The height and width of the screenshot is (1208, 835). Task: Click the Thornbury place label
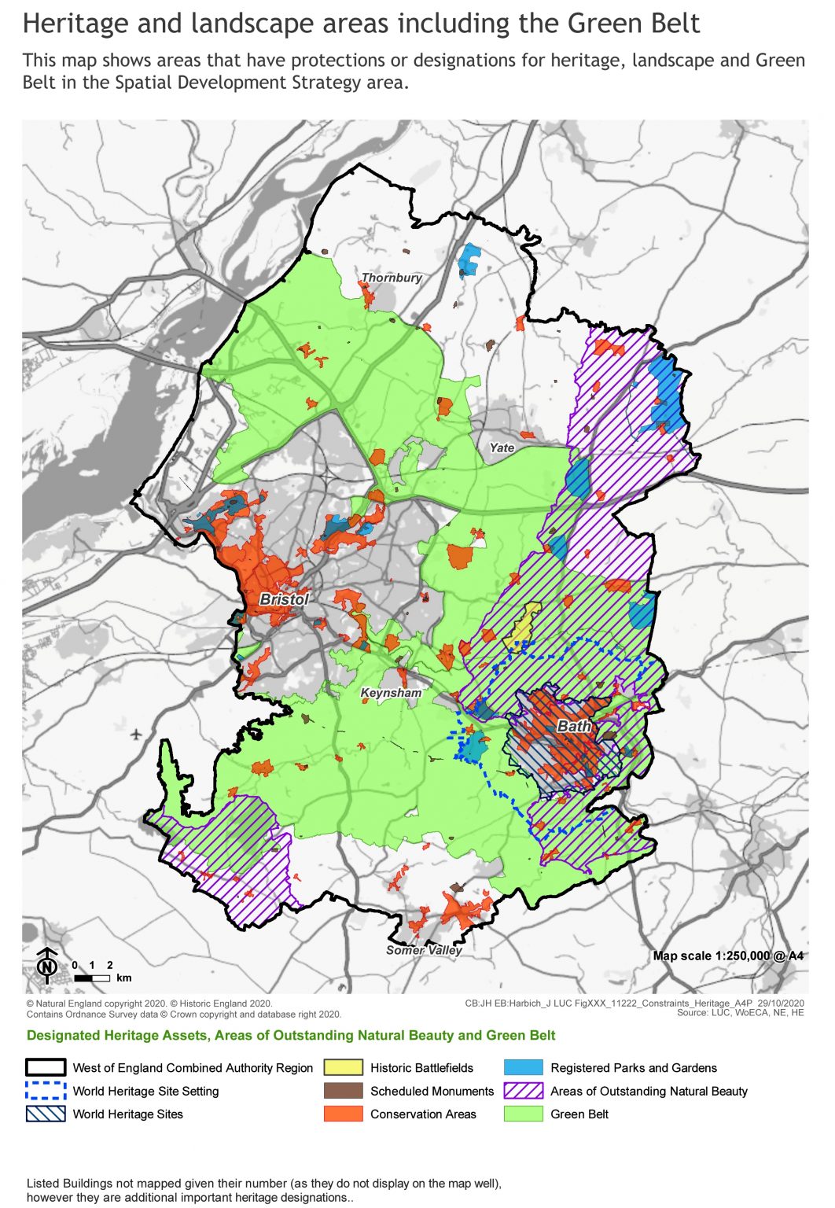point(392,278)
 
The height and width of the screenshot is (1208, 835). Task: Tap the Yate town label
point(502,447)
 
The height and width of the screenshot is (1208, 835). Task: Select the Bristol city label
point(284,599)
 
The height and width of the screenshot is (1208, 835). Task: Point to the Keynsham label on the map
point(391,693)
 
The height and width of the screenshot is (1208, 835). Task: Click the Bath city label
point(574,726)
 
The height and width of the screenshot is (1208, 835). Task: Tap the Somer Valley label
point(424,949)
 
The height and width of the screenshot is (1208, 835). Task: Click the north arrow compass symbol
point(47,966)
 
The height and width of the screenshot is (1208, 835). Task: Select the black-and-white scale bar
point(93,978)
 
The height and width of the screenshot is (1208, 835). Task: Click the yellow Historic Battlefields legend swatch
point(344,1067)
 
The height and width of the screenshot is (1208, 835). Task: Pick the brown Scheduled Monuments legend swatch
point(344,1091)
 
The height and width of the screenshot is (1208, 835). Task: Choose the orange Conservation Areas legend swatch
point(344,1114)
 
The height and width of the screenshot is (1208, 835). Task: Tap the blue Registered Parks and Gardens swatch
point(524,1067)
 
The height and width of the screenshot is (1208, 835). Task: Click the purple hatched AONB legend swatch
point(524,1091)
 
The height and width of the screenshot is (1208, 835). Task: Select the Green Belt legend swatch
point(524,1114)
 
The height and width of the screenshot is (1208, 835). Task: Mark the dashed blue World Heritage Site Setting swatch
point(46,1091)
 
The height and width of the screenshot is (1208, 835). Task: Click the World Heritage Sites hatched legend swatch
point(46,1114)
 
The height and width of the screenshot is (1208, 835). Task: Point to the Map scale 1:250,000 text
point(728,956)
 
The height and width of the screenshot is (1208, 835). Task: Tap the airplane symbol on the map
point(137,734)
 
